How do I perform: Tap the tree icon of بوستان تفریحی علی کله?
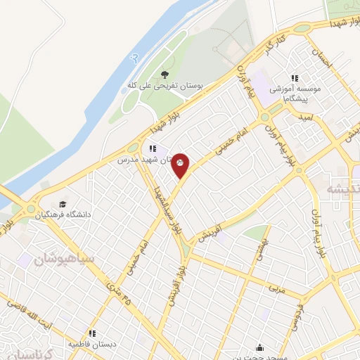[165, 74]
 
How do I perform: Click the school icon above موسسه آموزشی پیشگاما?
[295, 79]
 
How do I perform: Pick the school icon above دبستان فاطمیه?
[91, 333]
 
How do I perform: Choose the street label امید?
[306, 121]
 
